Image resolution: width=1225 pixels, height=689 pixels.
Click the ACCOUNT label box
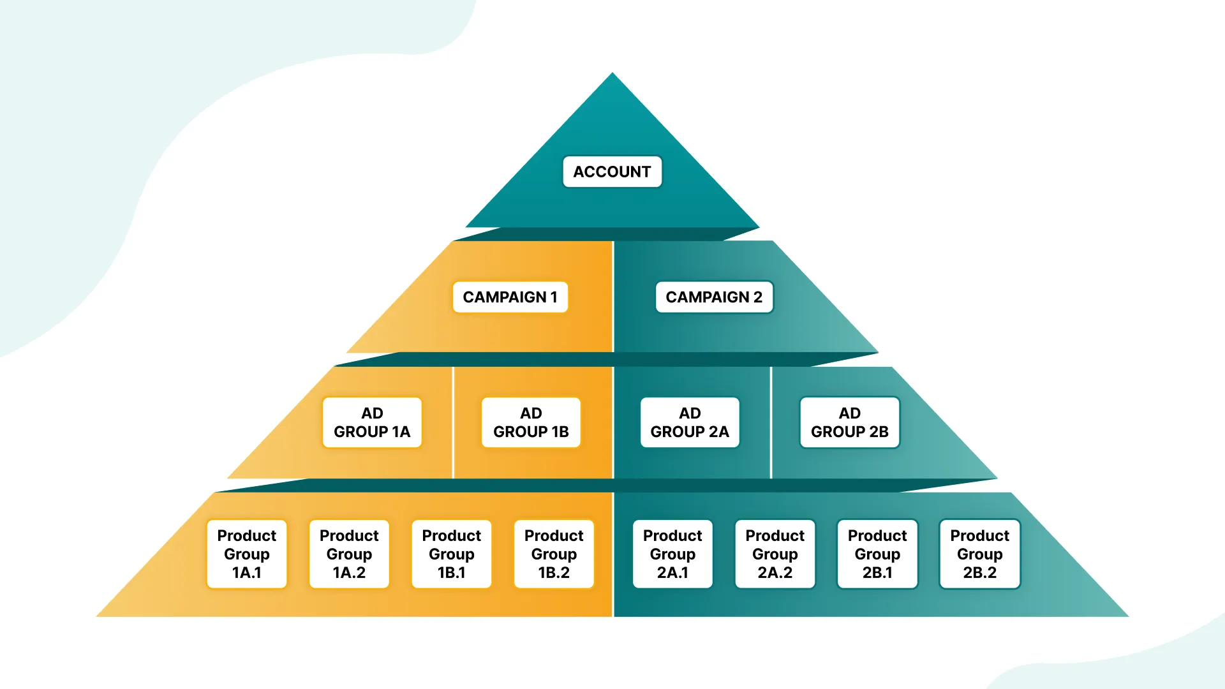[x=612, y=172]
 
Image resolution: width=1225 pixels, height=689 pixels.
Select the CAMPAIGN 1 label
[x=510, y=297]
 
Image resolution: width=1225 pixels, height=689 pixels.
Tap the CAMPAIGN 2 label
[x=714, y=297]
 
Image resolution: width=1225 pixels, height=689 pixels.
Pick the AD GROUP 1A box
[x=372, y=422]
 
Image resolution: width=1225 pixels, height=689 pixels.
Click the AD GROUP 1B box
[x=531, y=422]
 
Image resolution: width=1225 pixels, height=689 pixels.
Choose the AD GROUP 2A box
[x=690, y=422]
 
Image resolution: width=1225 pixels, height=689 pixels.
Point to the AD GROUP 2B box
[x=849, y=422]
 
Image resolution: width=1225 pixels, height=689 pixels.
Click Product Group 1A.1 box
[x=247, y=554]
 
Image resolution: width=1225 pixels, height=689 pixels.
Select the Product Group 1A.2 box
[x=349, y=554]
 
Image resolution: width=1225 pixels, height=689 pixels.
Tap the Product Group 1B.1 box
[x=452, y=554]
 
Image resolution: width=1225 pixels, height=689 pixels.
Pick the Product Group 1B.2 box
[x=554, y=554]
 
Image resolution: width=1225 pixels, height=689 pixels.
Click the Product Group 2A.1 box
[x=672, y=554]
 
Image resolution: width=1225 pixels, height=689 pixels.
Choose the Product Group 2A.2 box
[x=775, y=554]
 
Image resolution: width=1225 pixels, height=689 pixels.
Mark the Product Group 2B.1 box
[x=877, y=554]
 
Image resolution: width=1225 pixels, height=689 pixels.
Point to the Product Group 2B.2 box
[x=980, y=554]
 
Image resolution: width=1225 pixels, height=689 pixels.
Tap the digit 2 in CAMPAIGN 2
[x=757, y=297]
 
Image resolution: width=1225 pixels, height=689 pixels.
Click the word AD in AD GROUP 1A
[x=372, y=413]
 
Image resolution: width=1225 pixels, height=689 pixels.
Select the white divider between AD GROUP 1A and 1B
[x=453, y=422]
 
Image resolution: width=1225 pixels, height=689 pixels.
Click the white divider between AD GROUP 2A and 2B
[x=771, y=422]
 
